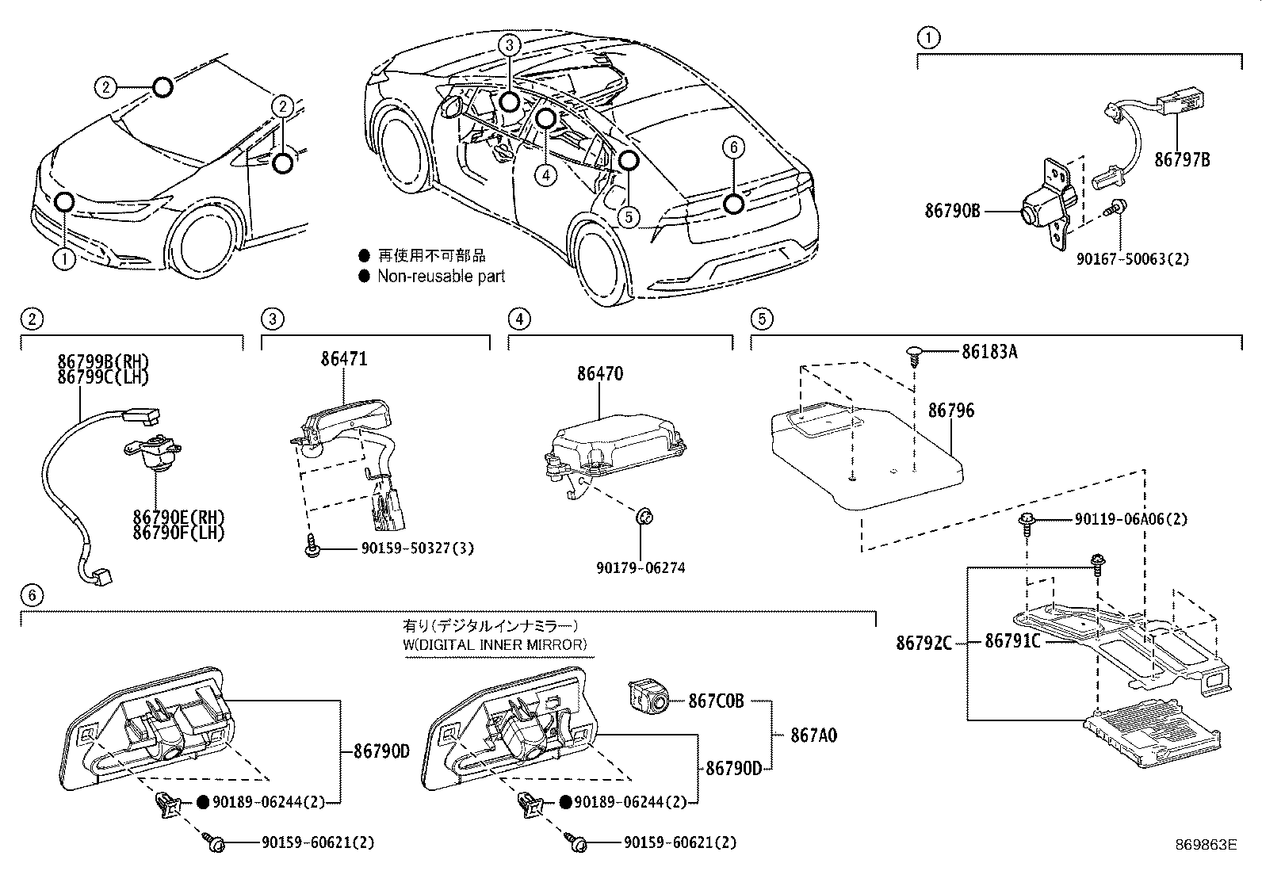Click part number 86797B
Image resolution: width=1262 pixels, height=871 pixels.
click(x=1181, y=159)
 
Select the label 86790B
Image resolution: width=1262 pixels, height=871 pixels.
click(x=952, y=211)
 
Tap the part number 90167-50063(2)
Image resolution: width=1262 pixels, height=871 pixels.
click(x=1133, y=258)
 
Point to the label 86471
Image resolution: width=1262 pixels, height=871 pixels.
click(x=344, y=359)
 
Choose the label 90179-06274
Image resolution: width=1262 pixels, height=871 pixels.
click(x=641, y=567)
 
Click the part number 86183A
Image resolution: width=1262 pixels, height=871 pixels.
click(x=989, y=352)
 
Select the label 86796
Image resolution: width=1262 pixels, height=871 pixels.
click(x=951, y=411)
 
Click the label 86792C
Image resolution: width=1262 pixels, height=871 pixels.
click(x=924, y=643)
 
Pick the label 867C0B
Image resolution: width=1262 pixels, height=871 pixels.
click(x=716, y=701)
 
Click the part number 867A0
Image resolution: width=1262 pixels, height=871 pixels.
click(x=813, y=735)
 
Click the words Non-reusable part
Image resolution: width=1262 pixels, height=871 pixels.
click(x=441, y=276)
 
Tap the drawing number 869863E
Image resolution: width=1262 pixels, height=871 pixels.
click(x=1206, y=845)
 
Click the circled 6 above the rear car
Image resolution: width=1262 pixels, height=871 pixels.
click(x=733, y=147)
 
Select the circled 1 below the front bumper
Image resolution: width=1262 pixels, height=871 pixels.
click(x=64, y=258)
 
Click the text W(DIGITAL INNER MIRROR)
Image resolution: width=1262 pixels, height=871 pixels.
click(x=495, y=644)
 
